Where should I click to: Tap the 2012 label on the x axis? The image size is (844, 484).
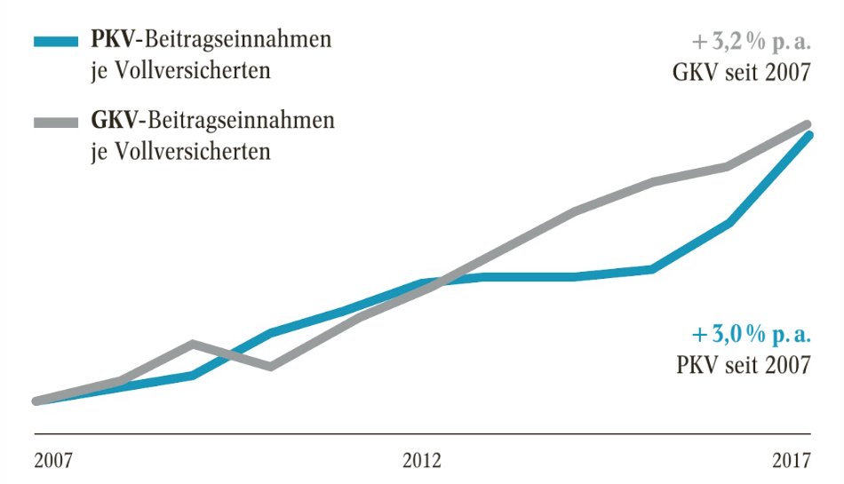[x=421, y=461]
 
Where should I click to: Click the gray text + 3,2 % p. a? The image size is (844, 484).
[x=752, y=42]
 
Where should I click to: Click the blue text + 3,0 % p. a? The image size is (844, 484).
[x=752, y=335]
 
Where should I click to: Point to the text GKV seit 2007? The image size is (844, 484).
[x=741, y=72]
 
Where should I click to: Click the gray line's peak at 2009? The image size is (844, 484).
[x=193, y=344]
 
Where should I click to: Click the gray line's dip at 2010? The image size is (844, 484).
[x=270, y=366]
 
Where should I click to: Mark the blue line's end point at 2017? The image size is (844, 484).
[x=809, y=135]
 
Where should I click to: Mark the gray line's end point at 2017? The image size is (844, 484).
[x=809, y=124]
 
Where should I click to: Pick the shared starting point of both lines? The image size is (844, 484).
[x=36, y=401]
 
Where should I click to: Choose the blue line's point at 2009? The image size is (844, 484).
[x=193, y=376]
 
